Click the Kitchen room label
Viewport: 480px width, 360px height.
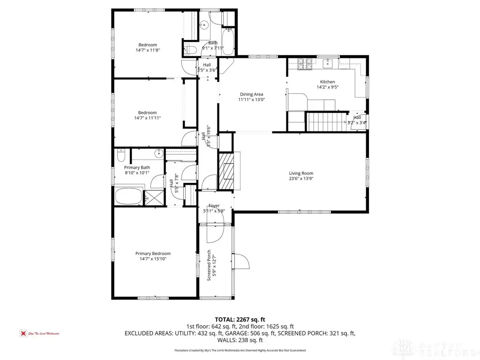327,82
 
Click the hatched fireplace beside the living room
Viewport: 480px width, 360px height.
226,172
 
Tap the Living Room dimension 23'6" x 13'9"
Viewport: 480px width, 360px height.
300,179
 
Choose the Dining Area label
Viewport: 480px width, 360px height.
251,94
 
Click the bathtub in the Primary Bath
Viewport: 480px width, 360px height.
128,197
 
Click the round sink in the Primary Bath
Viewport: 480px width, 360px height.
158,153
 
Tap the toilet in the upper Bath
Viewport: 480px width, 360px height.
190,50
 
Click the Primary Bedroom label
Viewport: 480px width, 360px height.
153,253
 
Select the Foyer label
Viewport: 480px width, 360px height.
214,205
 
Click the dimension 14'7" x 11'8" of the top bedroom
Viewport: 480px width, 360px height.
147,50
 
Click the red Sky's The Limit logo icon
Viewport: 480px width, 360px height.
22,333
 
